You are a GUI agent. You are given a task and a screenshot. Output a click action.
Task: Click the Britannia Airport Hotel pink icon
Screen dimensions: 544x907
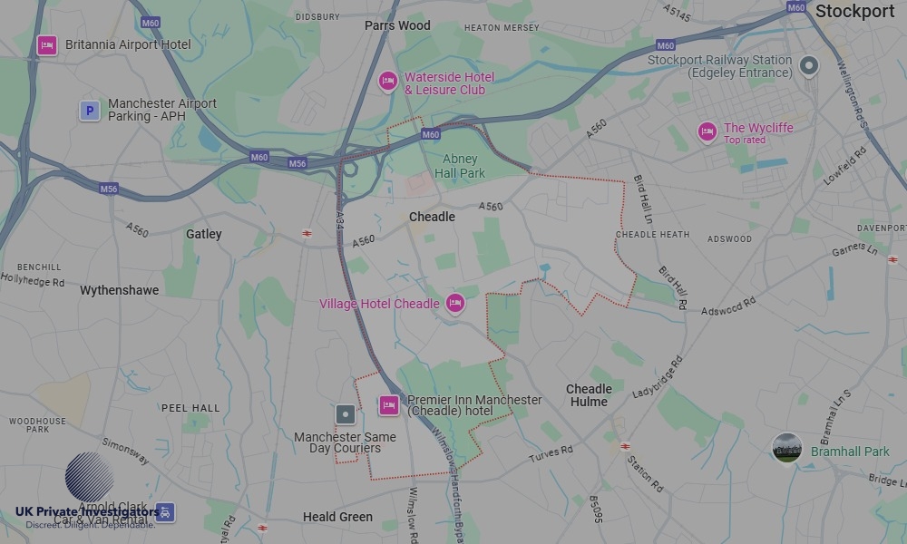point(47,44)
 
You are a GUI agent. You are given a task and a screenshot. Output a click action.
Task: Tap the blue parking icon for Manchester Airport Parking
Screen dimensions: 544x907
point(89,111)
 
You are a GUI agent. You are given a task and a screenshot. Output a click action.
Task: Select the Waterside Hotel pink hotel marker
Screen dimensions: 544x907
point(388,83)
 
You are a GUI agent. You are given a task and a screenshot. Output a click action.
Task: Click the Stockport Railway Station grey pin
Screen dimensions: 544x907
point(809,66)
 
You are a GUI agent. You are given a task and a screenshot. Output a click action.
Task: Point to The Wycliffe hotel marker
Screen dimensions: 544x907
point(707,132)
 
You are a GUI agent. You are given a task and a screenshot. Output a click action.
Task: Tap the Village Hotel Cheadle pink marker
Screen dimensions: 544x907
point(455,304)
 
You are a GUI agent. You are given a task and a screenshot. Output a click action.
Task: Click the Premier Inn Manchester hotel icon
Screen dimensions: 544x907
point(389,405)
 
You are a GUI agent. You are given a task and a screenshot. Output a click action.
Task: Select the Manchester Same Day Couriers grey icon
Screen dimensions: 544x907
point(346,415)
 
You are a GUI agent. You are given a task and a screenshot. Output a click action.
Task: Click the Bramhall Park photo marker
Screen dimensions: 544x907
point(786,449)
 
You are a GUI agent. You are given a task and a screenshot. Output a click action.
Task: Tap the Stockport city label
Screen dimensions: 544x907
point(854,12)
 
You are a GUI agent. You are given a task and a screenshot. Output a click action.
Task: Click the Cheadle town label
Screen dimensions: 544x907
point(432,217)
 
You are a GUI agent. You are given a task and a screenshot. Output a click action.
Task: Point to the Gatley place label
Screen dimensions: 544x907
point(204,234)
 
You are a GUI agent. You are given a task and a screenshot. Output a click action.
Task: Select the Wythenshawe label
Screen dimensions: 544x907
point(119,290)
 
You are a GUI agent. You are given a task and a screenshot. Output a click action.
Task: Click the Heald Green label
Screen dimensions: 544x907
point(337,517)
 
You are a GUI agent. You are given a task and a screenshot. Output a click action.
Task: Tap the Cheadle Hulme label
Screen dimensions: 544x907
point(589,395)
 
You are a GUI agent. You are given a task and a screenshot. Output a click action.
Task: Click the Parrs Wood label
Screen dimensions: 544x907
point(397,25)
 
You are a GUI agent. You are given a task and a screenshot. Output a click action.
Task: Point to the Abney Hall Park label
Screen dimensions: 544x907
point(460,166)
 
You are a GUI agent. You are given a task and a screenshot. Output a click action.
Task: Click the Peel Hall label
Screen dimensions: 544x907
point(190,408)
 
